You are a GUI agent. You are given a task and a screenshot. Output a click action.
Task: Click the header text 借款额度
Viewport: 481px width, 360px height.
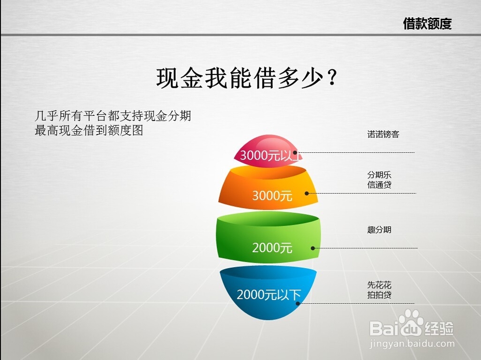(x=427, y=24)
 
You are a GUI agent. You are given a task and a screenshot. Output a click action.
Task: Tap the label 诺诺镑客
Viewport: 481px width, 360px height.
(x=383, y=134)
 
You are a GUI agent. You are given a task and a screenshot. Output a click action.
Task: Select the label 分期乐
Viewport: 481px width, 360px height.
(x=379, y=175)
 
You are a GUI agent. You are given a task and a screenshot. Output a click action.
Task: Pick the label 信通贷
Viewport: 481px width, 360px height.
(x=379, y=185)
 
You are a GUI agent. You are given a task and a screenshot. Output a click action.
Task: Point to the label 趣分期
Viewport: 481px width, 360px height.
(x=379, y=230)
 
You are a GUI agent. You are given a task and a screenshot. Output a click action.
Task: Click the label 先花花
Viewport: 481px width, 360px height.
(x=379, y=285)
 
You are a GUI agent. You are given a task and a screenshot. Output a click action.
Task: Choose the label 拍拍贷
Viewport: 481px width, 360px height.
(x=379, y=295)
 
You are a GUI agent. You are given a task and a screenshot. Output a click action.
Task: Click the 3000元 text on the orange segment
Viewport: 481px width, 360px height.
(x=272, y=195)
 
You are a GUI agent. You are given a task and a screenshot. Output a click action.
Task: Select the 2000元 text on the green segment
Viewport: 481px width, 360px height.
(x=272, y=248)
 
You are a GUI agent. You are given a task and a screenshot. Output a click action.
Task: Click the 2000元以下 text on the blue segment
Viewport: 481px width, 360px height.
(x=269, y=295)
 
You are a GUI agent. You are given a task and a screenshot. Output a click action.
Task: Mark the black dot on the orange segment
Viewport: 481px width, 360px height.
(x=306, y=194)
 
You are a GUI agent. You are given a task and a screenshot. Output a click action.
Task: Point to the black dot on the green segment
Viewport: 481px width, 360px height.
(x=313, y=248)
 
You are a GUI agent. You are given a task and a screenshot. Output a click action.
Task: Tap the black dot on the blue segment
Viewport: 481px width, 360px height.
(x=298, y=304)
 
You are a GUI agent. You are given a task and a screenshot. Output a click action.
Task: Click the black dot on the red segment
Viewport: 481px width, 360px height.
(x=295, y=152)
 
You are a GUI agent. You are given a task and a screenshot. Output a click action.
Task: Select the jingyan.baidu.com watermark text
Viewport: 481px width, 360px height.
(x=412, y=344)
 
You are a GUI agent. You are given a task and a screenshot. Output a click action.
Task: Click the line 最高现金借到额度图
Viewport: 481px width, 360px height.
(x=89, y=130)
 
